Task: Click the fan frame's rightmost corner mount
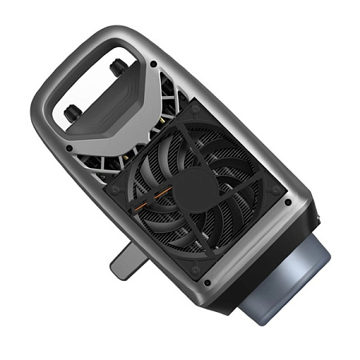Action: pyautogui.click(x=276, y=189)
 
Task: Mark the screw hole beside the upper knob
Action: pyautogui.click(x=152, y=64)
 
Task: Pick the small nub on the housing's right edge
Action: pyautogui.click(x=318, y=216)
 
